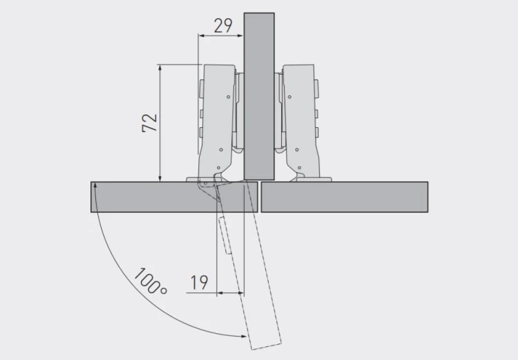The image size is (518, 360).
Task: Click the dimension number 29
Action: point(223,26)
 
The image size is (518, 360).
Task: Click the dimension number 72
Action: point(150,122)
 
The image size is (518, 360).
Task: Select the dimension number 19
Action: point(199,283)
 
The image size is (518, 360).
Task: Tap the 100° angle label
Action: point(151,281)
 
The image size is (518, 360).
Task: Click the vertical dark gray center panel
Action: point(259,96)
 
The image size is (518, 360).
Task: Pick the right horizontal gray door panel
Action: point(345,197)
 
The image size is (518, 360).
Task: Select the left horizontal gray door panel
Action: point(174,197)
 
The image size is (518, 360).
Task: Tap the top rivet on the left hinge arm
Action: point(229,97)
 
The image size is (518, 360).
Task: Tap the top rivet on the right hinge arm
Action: point(289,97)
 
